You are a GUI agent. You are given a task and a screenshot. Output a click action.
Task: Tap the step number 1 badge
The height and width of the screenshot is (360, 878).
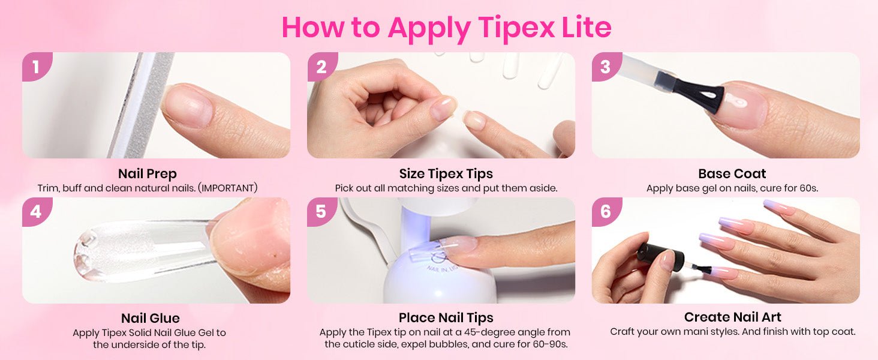pyautogui.click(x=36, y=67)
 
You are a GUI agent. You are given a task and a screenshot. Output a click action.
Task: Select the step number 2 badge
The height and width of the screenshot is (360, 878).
pyautogui.click(x=321, y=67)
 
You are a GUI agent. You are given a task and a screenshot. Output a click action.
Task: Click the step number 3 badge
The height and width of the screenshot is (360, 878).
pyautogui.click(x=606, y=67)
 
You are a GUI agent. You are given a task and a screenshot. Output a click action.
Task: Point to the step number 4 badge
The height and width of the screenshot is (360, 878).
pyautogui.click(x=36, y=212)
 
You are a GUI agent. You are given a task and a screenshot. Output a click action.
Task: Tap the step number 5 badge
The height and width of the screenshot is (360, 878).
pyautogui.click(x=321, y=212)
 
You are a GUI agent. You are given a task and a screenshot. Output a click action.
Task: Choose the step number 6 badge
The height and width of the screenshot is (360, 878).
pyautogui.click(x=606, y=212)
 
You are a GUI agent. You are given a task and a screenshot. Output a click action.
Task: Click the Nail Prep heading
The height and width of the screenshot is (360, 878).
pyautogui.click(x=148, y=174)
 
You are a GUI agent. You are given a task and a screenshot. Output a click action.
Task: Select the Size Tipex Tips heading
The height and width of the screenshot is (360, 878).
pyautogui.click(x=446, y=174)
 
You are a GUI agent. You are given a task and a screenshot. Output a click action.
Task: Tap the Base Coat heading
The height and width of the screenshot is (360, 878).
pyautogui.click(x=732, y=173)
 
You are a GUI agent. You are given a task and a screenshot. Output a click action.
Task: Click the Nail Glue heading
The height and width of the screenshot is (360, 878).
pyautogui.click(x=151, y=318)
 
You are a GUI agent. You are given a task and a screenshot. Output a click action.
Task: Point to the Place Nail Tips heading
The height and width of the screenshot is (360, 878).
pyautogui.click(x=446, y=317)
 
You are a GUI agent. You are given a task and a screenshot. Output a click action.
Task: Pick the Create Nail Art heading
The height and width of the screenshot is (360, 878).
pyautogui.click(x=733, y=317)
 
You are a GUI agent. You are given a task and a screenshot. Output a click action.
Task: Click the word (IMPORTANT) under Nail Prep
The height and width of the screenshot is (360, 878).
pyautogui.click(x=228, y=188)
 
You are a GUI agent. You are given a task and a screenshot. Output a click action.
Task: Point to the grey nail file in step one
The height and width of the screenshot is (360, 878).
pyautogui.click(x=139, y=105)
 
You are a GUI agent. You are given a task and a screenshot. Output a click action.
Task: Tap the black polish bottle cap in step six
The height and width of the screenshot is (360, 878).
pyautogui.click(x=660, y=257)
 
